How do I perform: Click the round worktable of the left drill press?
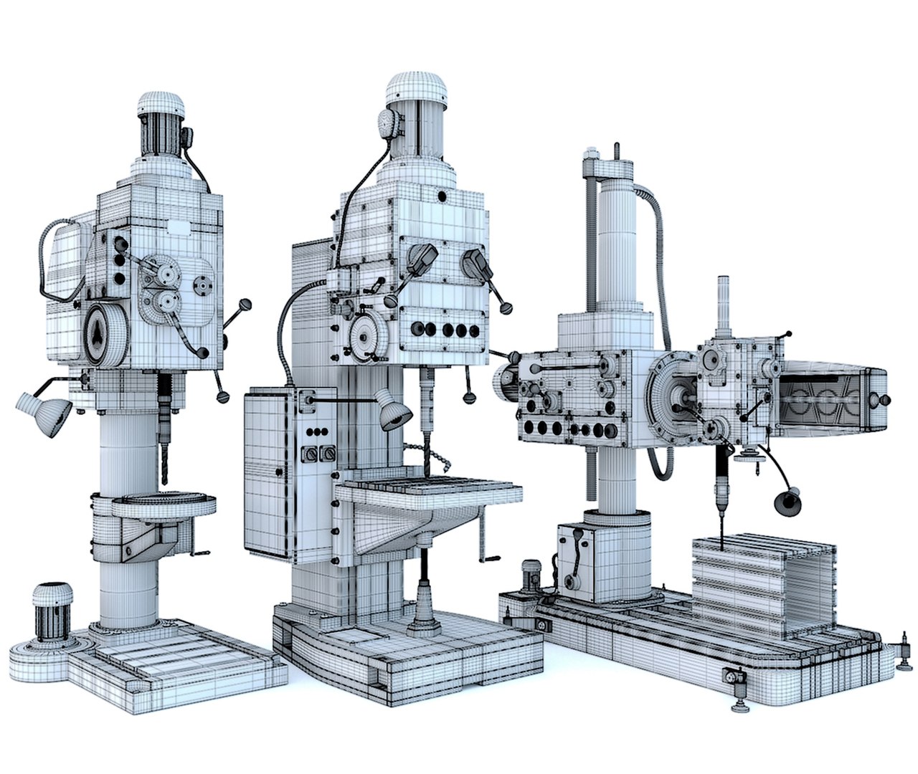coord(164,502)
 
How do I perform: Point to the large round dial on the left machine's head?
coord(105,333)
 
